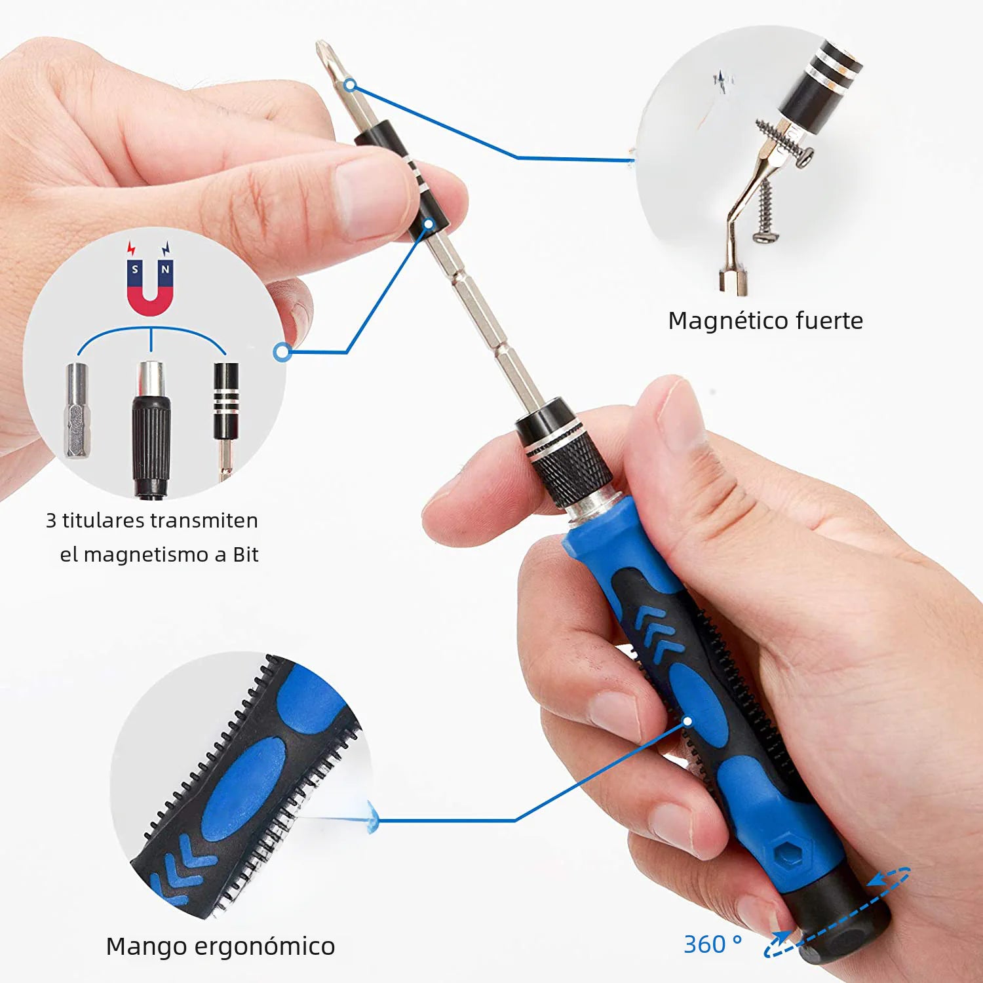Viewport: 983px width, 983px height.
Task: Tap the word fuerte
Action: pyautogui.click(x=829, y=320)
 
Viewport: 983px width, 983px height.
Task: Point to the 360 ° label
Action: pyautogui.click(x=712, y=944)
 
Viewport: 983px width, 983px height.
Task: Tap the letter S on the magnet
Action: pyautogui.click(x=135, y=269)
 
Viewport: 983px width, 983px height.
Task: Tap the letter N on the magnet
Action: pyautogui.click(x=165, y=269)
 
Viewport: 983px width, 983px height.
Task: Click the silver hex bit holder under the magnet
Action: pyautogui.click(x=77, y=410)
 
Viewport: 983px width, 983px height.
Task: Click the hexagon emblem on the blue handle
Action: pyautogui.click(x=786, y=851)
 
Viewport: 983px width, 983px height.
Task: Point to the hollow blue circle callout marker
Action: pyautogui.click(x=282, y=352)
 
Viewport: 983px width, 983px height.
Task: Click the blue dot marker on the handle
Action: pyautogui.click(x=687, y=721)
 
